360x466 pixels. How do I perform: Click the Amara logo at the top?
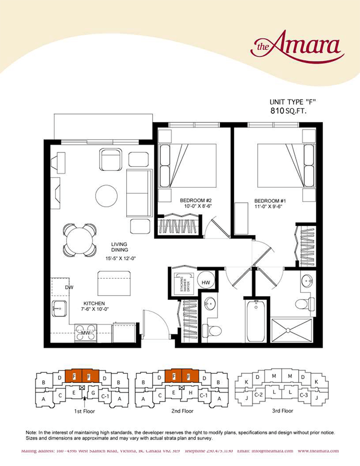(298, 46)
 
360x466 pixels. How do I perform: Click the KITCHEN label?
(94, 303)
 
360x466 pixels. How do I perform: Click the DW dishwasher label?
(70, 287)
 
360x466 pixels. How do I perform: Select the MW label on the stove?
(85, 332)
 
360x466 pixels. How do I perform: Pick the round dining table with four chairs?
(80, 240)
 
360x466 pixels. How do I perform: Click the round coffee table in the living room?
(106, 195)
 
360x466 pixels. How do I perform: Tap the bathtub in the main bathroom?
(256, 321)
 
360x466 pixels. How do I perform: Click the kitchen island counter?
(115, 283)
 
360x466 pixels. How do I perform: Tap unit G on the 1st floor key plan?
(93, 393)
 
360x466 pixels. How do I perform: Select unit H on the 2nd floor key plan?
(191, 393)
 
